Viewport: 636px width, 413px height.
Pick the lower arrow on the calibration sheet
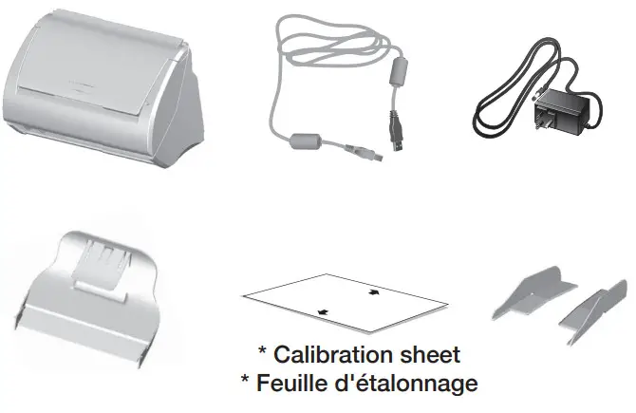[x=324, y=310]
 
